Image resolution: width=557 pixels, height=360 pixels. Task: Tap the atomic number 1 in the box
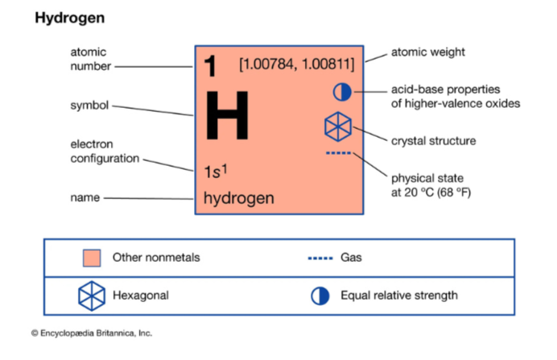point(210,66)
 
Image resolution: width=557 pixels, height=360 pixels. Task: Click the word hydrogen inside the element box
point(238,197)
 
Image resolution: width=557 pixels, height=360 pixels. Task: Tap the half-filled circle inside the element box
point(342,91)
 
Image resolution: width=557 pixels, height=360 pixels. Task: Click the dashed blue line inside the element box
point(338,152)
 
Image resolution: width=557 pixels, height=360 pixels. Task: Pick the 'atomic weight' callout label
point(427,52)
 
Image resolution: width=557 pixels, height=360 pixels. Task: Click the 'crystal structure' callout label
point(433,141)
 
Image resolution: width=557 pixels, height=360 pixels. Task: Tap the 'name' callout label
point(85,197)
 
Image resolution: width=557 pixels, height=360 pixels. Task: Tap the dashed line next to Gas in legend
point(321,259)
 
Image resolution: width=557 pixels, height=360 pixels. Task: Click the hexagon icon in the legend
point(91,296)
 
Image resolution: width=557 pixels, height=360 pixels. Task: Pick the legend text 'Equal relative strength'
point(398,296)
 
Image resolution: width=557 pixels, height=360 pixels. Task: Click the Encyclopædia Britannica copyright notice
point(92,333)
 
